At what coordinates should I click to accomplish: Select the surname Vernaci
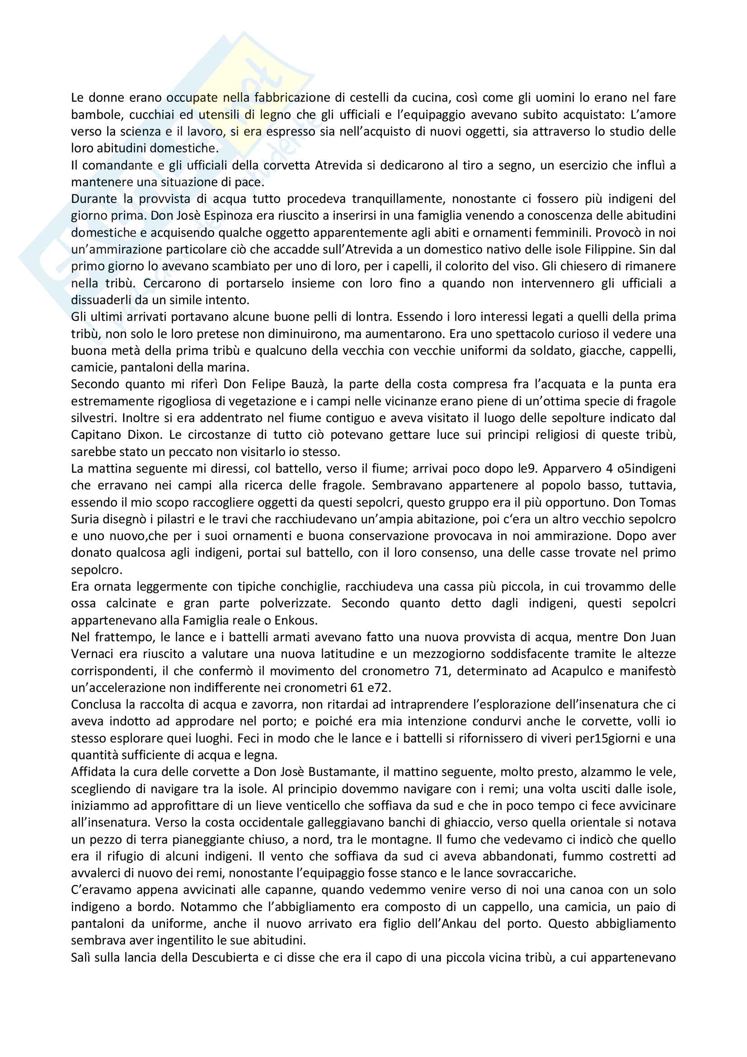[94, 654]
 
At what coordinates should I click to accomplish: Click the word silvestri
[94, 418]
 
